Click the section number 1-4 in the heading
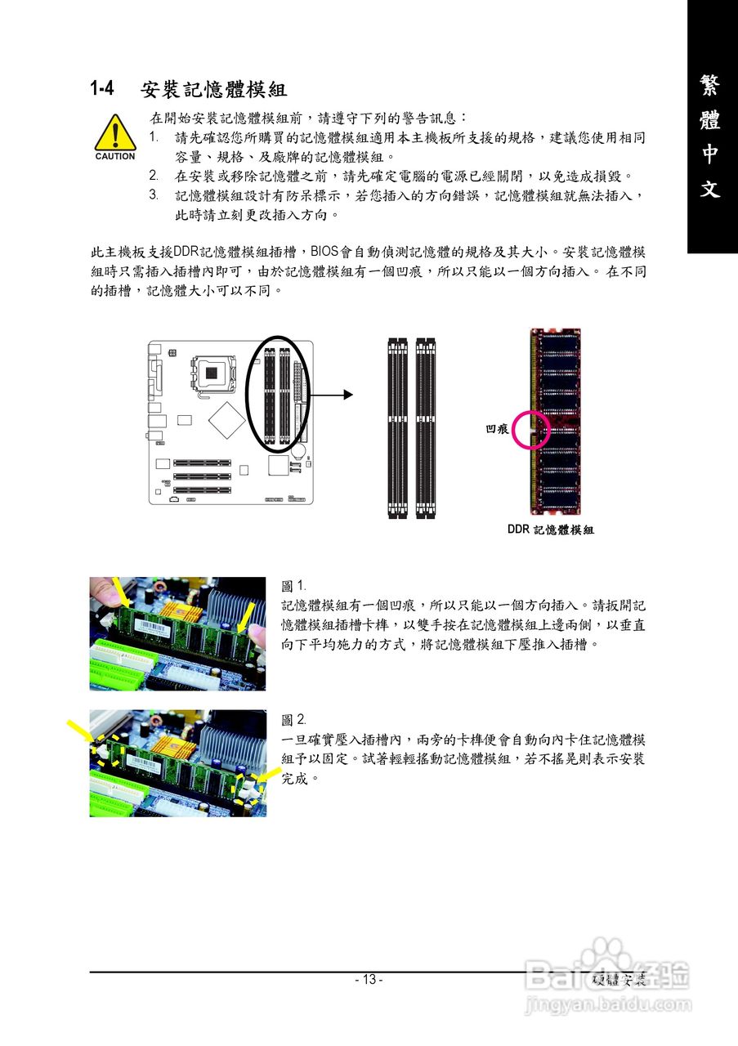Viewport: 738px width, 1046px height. tap(102, 88)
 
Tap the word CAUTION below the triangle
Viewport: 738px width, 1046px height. tap(115, 156)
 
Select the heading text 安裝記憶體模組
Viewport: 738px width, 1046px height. tap(213, 88)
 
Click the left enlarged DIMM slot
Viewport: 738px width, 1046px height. tap(397, 427)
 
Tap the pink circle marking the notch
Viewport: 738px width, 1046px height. tap(531, 429)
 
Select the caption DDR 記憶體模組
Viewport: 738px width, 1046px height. tap(550, 530)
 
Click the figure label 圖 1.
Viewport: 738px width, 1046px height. tap(293, 586)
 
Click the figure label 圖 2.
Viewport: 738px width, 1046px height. tap(293, 720)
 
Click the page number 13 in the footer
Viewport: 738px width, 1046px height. tap(369, 980)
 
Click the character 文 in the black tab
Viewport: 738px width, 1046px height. tap(710, 189)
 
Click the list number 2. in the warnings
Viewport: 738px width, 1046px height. tap(154, 176)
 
